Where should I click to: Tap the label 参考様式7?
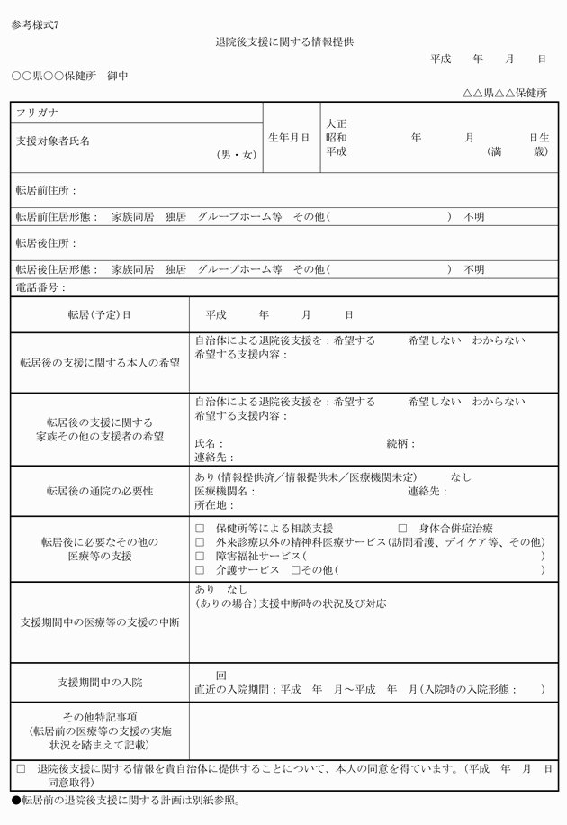pyautogui.click(x=36, y=24)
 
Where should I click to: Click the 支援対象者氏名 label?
pyautogui.click(x=53, y=141)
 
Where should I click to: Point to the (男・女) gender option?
pyautogui.click(x=236, y=155)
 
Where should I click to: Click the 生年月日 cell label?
pyautogui.click(x=289, y=138)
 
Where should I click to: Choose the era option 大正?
pyautogui.click(x=337, y=123)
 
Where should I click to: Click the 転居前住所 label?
pyautogui.click(x=46, y=191)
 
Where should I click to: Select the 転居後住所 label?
pyautogui.click(x=46, y=244)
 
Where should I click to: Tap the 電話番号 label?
pyautogui.click(x=41, y=287)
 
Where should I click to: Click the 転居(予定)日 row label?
pyautogui.click(x=99, y=315)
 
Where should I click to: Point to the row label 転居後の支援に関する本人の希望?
pyautogui.click(x=100, y=363)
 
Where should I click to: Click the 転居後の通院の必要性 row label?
pyautogui.click(x=100, y=491)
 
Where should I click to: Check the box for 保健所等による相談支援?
pyautogui.click(x=200, y=528)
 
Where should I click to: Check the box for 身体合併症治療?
pyautogui.click(x=402, y=528)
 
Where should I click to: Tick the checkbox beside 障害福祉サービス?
pyautogui.click(x=200, y=557)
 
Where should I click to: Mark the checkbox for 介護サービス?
pyautogui.click(x=200, y=571)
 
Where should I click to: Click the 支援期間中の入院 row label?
pyautogui.click(x=100, y=682)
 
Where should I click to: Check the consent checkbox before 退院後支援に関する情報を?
pyautogui.click(x=21, y=769)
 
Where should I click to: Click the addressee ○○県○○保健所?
pyautogui.click(x=54, y=76)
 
